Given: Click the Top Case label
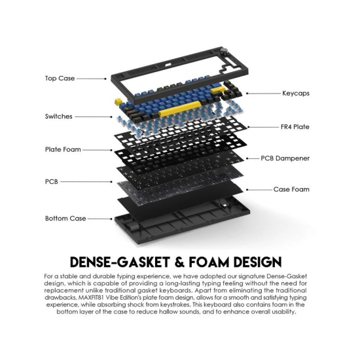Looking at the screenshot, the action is [x=60, y=79].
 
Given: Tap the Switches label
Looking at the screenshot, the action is [x=58, y=117].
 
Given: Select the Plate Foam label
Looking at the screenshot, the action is [x=63, y=149].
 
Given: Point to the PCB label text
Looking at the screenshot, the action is [x=52, y=181].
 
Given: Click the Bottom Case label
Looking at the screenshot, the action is [x=65, y=219].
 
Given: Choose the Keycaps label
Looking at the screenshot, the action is [x=296, y=94].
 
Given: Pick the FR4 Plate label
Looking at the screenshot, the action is [x=295, y=127].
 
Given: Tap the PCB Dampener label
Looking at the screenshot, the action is [x=285, y=158].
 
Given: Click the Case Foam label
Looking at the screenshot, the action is [x=291, y=189].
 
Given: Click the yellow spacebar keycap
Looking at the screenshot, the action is [x=180, y=109].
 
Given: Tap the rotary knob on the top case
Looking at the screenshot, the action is [x=224, y=51].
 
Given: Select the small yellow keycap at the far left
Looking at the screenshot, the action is [x=118, y=102].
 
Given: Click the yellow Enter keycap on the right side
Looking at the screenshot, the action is [x=217, y=90].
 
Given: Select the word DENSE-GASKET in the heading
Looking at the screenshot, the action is [x=120, y=262].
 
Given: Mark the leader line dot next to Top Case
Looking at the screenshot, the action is [x=105, y=79].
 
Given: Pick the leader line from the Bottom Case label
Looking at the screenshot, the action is [x=99, y=219].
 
